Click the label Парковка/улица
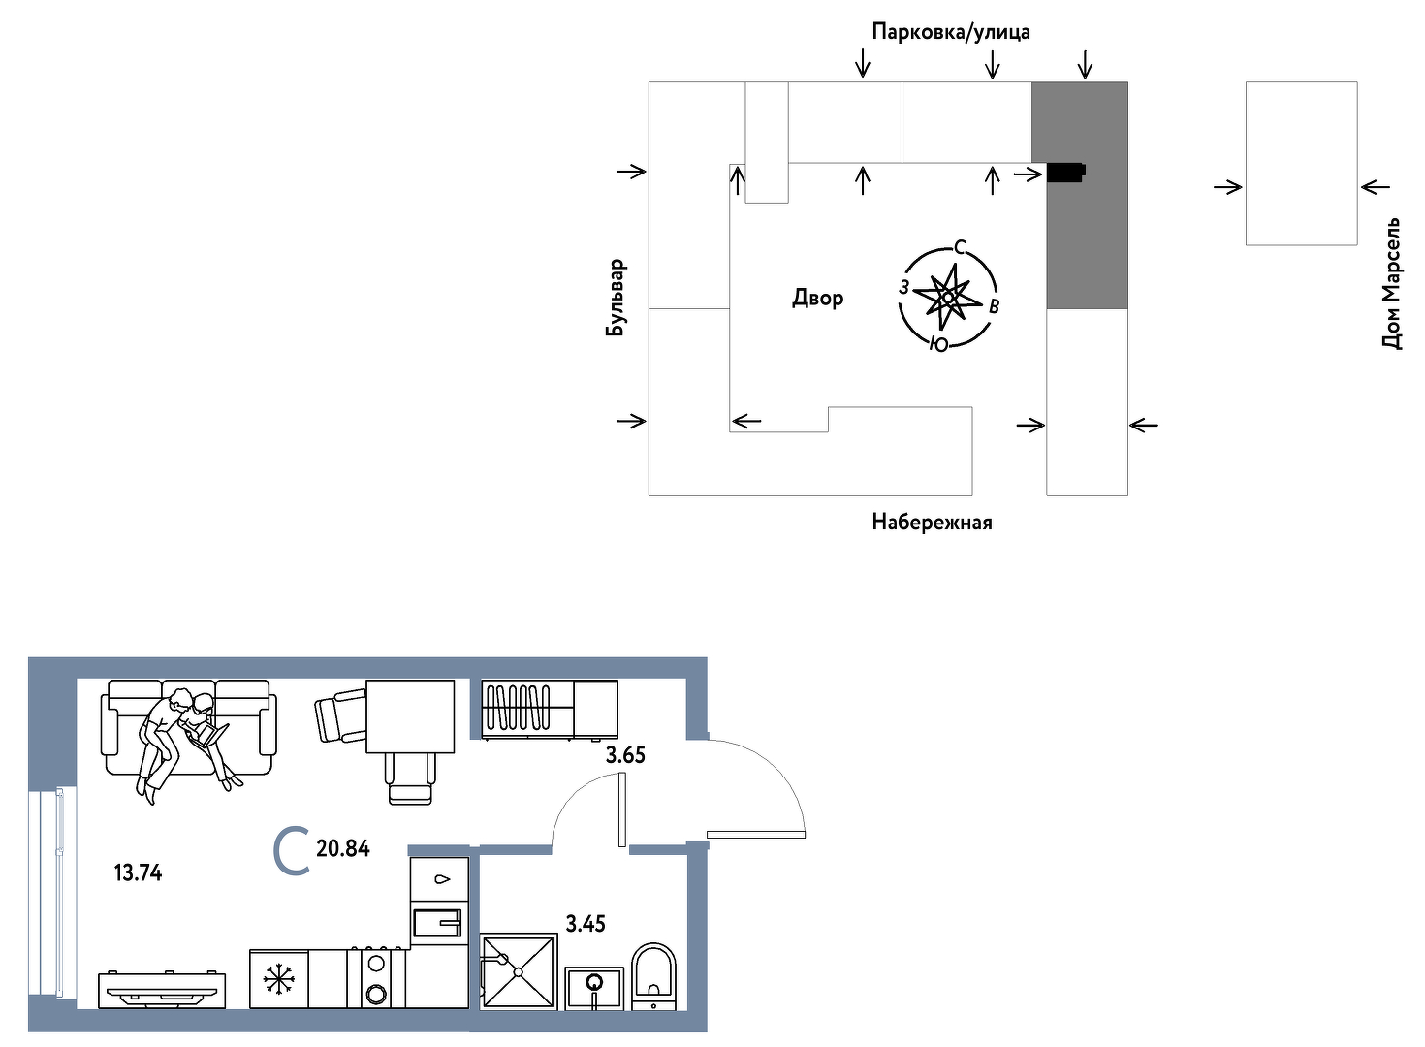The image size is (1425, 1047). [950, 32]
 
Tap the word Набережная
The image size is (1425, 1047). [932, 523]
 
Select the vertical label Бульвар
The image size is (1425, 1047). [616, 297]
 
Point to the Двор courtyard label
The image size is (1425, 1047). [817, 298]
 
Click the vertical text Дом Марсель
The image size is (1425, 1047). [1391, 283]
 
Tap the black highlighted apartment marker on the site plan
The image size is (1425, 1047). [1066, 173]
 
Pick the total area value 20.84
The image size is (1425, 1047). [343, 848]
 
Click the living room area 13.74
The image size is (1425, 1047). [138, 872]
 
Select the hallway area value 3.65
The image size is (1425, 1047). [625, 755]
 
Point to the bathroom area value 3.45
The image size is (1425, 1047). [586, 923]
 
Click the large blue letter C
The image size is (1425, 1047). [292, 851]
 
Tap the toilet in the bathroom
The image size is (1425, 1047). [653, 977]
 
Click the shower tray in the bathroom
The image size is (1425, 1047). [518, 972]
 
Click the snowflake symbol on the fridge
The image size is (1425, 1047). [278, 978]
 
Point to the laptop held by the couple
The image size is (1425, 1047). [209, 735]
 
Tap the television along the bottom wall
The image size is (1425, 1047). [162, 991]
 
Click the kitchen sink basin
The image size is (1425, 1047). [437, 924]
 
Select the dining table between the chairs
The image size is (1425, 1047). [410, 715]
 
